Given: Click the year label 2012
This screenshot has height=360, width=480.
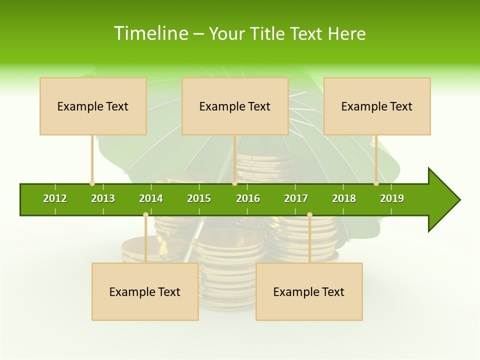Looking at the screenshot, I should click(55, 198).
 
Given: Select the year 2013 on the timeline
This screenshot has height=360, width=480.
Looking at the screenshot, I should click(103, 198).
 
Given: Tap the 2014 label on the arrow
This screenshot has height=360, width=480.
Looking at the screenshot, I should click(151, 198).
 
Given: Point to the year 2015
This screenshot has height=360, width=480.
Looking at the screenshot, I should click(199, 198).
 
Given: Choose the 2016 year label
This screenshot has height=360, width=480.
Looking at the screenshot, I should click(248, 198).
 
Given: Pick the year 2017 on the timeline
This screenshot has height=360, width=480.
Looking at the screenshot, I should click(296, 198).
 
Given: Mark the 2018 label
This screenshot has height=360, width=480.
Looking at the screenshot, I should click(344, 198).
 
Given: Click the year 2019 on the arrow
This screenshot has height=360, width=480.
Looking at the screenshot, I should click(392, 198).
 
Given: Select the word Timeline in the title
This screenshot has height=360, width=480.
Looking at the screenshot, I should click(150, 33).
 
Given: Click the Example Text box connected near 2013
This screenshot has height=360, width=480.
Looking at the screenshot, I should click(93, 106).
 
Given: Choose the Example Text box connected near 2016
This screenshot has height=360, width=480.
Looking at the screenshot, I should click(235, 106).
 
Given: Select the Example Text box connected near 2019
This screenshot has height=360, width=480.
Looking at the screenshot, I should click(377, 106).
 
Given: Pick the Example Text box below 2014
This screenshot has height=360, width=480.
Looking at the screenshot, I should click(145, 291).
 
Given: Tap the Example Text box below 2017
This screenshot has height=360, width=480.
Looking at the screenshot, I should click(309, 291).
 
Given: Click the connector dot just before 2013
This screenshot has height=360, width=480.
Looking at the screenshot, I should click(92, 183).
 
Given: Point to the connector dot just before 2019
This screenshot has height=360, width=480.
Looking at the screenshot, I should click(376, 183).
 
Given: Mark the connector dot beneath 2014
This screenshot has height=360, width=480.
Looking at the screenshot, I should click(145, 214).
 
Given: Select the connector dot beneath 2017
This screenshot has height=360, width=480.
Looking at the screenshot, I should click(309, 214).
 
